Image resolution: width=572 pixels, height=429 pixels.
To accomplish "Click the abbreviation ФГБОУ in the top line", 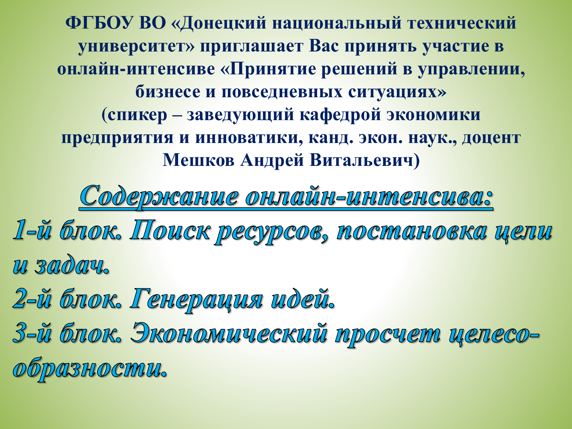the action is point(100,23).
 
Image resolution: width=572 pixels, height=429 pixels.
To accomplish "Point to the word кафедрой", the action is point(340,115).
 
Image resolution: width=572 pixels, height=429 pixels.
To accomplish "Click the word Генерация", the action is point(196,300).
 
